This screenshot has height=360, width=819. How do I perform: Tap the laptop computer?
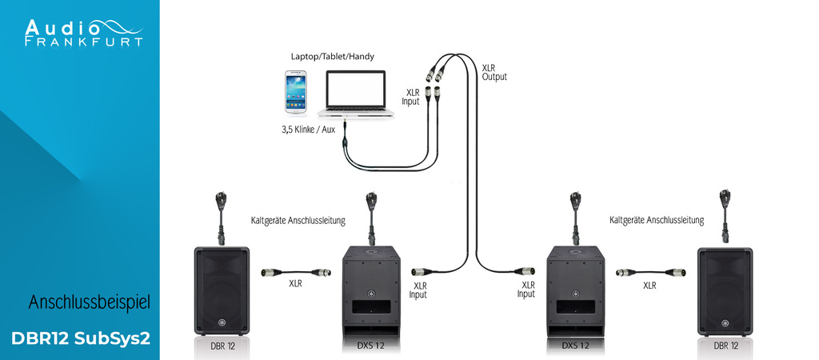(x=358, y=95)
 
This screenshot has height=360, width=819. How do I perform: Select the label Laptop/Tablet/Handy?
(x=332, y=57)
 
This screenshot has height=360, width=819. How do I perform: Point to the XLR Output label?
(x=494, y=71)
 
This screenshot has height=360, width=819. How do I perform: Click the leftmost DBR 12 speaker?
(x=222, y=290)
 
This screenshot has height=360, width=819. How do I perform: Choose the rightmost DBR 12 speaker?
(x=725, y=290)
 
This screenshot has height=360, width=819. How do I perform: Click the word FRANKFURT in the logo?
(x=84, y=41)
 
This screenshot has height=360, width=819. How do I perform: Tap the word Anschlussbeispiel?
(x=90, y=302)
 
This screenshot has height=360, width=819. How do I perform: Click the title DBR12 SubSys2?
(x=81, y=338)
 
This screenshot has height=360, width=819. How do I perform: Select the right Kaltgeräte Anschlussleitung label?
(x=656, y=219)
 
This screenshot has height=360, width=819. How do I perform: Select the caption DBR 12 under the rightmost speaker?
(x=725, y=346)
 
